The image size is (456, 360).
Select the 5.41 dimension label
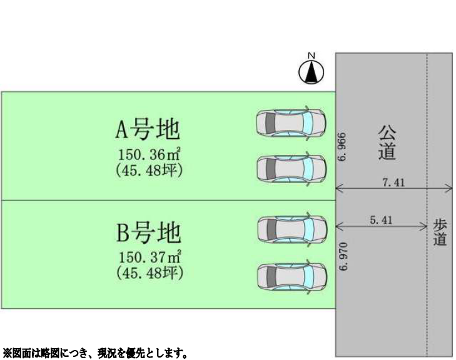[382, 220]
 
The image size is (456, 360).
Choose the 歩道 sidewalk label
[440, 232]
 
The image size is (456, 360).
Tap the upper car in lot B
[291, 229]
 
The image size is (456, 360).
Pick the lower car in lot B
[291, 277]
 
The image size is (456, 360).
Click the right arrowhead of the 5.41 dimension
[424, 226]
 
